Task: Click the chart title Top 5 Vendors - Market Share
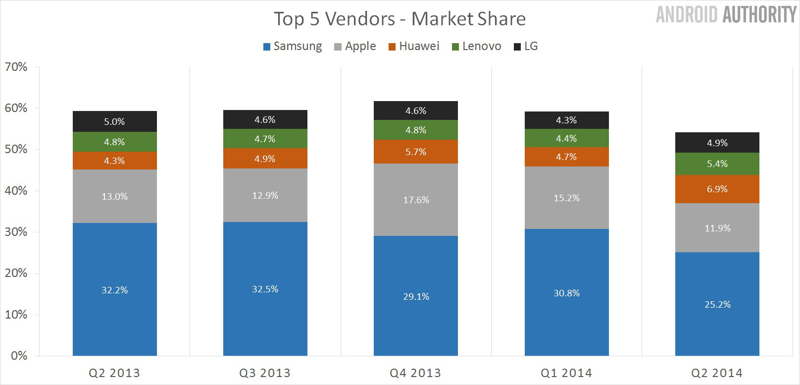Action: [400, 19]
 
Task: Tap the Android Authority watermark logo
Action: [725, 14]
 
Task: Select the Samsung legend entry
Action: [293, 46]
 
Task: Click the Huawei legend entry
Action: [414, 46]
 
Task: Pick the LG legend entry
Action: [526, 46]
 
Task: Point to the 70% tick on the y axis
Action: [16, 67]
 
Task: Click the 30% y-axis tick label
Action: [16, 232]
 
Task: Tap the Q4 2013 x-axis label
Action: [415, 373]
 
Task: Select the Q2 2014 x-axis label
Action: [717, 373]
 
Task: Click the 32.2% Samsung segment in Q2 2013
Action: [114, 289]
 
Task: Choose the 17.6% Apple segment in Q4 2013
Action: [416, 200]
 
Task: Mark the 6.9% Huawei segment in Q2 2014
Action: [717, 189]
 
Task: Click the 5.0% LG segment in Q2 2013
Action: [114, 121]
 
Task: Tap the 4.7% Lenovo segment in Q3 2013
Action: [265, 139]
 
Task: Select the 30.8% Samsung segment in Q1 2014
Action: [566, 292]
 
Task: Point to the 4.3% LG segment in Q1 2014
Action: [566, 120]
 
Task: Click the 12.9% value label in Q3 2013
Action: [265, 195]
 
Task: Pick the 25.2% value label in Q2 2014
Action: [717, 304]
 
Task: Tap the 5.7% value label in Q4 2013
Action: [416, 152]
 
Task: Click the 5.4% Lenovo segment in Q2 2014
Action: [717, 164]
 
